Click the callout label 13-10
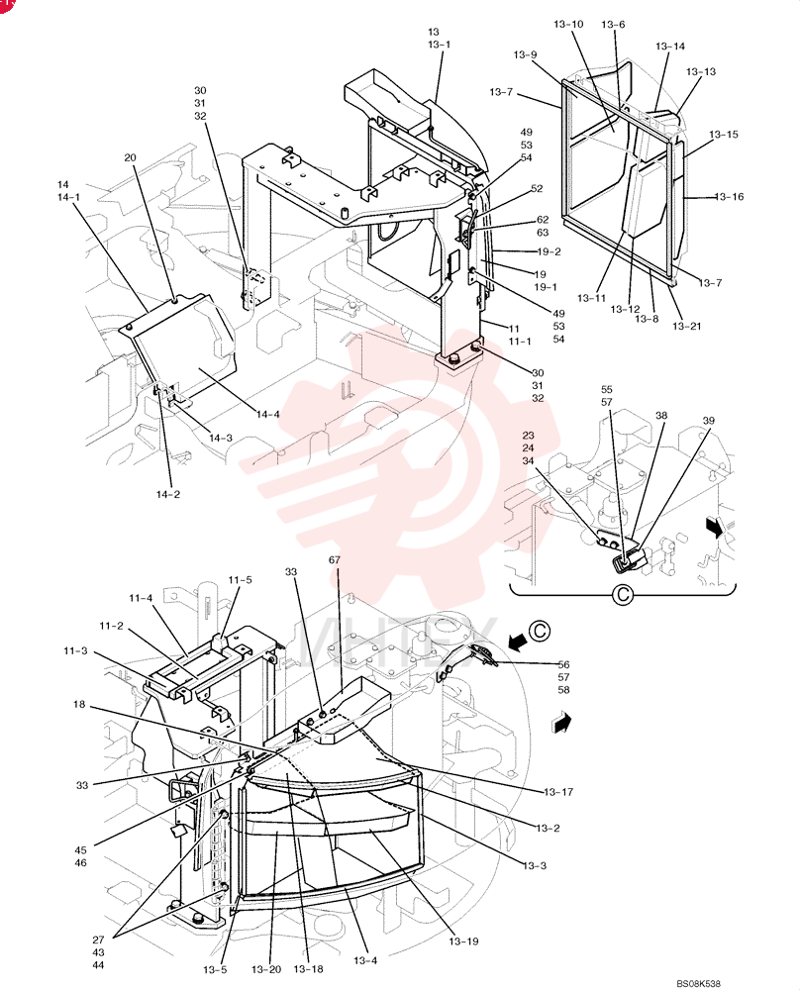pos(568,25)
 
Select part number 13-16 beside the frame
pos(730,197)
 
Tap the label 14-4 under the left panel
pos(267,414)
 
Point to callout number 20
pos(130,157)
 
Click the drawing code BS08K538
pos(698,984)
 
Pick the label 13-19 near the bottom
pos(463,941)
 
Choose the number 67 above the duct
pos(335,560)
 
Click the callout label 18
pos(79,704)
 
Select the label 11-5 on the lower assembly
pos(240,579)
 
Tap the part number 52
pos(537,189)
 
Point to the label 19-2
pos(549,251)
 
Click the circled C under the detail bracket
pos(623,594)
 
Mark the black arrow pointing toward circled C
pos(519,642)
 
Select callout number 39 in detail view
pos(709,421)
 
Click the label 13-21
pos(687,327)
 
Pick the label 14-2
pos(168,494)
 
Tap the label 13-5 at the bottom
pos(215,970)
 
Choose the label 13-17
pos(558,792)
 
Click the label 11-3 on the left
pos(75,650)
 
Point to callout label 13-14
pos(670,47)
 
